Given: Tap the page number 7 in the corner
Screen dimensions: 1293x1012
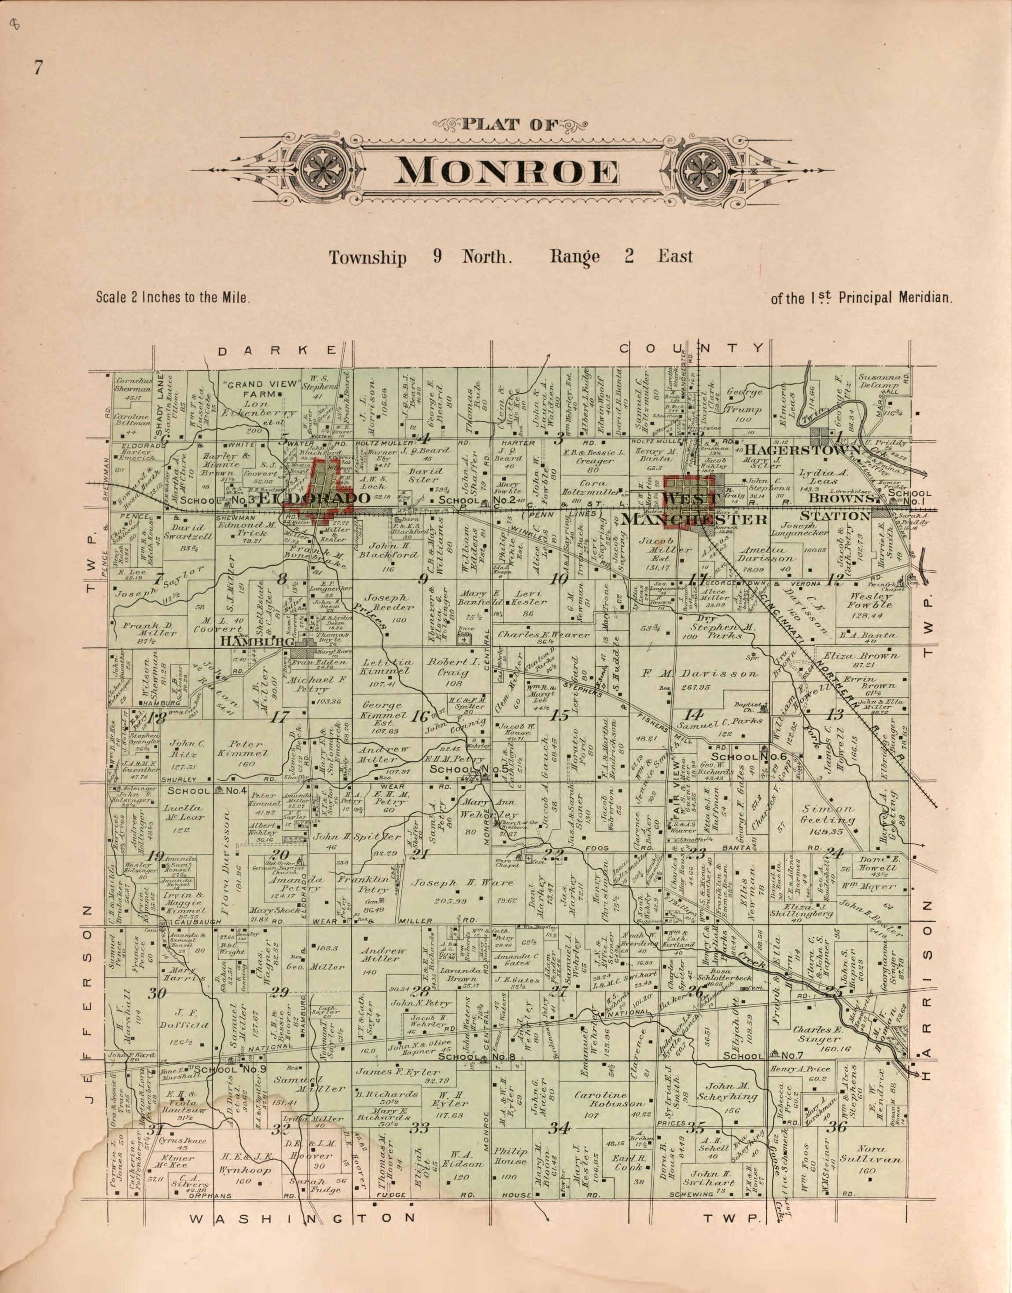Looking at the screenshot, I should point(38,69).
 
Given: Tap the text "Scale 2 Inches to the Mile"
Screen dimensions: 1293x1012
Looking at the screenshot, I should point(173,297).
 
